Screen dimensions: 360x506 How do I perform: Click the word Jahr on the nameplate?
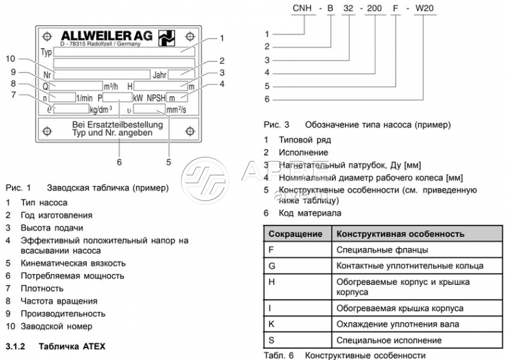(x=159, y=75)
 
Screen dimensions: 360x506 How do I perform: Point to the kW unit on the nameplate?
(x=138, y=98)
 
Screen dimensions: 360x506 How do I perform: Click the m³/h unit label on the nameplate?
(x=111, y=86)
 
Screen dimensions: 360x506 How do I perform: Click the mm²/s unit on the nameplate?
(x=176, y=109)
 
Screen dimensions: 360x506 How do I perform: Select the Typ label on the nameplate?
(x=46, y=52)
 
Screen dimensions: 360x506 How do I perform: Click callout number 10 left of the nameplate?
(x=11, y=59)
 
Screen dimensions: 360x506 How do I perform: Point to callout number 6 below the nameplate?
(x=119, y=162)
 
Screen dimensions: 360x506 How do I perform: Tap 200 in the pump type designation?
(x=375, y=8)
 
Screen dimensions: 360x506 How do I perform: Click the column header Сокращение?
(x=295, y=234)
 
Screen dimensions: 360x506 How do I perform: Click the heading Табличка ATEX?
(x=73, y=347)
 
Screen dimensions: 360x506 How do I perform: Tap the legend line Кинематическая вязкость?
(x=73, y=263)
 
